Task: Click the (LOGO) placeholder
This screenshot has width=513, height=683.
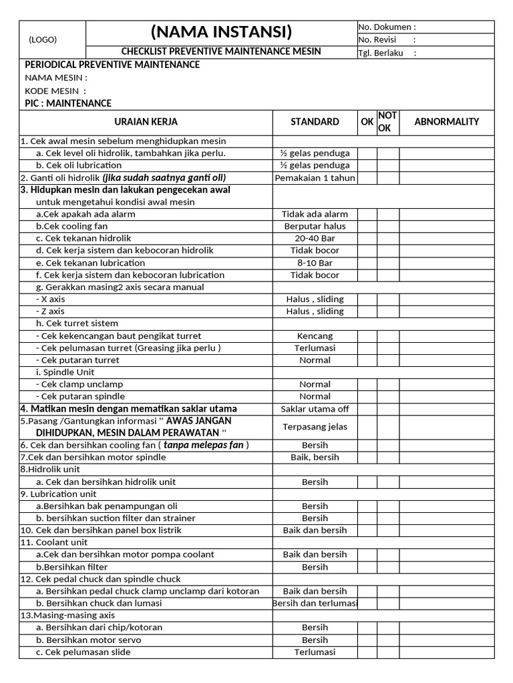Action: coord(43,39)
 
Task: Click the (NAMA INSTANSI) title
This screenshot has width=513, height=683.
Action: coord(221,31)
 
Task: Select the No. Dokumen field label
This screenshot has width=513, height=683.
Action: coord(387,27)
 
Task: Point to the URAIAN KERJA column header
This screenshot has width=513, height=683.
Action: coord(146,122)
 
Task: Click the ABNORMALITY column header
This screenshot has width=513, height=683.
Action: coord(447,122)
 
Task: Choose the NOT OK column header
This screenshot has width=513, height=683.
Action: coord(387,122)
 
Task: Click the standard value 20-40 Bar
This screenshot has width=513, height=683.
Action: coord(315,239)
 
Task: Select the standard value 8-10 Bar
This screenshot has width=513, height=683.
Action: coord(315,263)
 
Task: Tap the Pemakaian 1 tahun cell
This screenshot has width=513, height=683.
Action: coord(315,177)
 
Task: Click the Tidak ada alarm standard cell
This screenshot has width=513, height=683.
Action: coord(315,214)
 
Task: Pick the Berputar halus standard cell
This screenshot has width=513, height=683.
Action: coord(315,226)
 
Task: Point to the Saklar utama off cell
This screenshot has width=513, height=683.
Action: coord(315,409)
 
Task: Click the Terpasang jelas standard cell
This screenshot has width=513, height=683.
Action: coord(315,427)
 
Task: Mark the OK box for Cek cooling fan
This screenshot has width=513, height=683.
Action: coord(367,226)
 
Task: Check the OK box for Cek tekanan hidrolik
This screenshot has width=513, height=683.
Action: coord(367,239)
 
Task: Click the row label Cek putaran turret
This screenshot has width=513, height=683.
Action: coord(79,360)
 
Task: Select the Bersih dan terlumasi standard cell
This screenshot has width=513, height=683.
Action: coord(315,604)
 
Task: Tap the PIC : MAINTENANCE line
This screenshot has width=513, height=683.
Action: coord(68,103)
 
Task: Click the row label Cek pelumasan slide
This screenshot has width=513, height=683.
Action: coord(83,652)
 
